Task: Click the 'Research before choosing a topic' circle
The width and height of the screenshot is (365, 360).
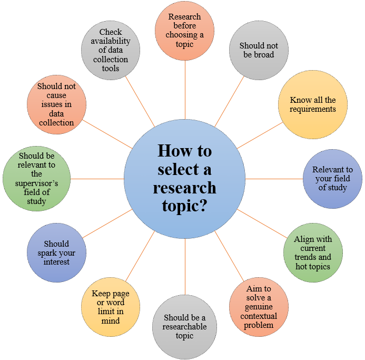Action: click(185, 31)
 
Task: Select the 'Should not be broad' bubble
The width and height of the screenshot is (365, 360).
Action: click(259, 50)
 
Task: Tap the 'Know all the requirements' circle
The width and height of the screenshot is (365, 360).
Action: click(313, 104)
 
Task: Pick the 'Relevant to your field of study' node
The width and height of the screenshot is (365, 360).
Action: click(332, 179)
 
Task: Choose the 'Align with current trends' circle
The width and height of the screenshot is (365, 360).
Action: click(313, 252)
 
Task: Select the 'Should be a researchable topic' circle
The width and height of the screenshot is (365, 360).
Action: click(184, 327)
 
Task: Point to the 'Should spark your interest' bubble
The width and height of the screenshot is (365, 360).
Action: click(56, 253)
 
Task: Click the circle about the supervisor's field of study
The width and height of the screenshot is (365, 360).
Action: click(36, 179)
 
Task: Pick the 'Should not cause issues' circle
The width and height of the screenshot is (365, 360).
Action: click(56, 104)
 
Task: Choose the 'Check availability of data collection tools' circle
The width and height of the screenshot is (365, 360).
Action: click(111, 50)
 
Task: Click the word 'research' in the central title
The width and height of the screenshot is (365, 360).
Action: click(184, 187)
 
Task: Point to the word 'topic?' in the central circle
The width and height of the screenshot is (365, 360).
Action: click(184, 205)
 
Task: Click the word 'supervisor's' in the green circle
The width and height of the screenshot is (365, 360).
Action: click(36, 183)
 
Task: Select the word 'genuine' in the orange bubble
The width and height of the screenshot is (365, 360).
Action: click(259, 307)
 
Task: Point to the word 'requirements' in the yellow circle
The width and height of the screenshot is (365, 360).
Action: click(313, 109)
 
